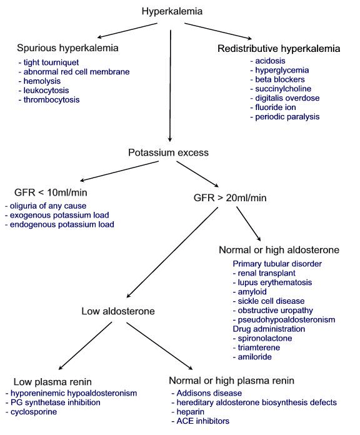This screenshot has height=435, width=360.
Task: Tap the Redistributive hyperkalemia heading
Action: (x=279, y=48)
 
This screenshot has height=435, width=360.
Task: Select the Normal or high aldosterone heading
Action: (x=279, y=249)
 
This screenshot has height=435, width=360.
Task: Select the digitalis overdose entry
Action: (x=284, y=99)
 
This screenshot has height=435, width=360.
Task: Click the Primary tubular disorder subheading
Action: (x=277, y=264)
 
